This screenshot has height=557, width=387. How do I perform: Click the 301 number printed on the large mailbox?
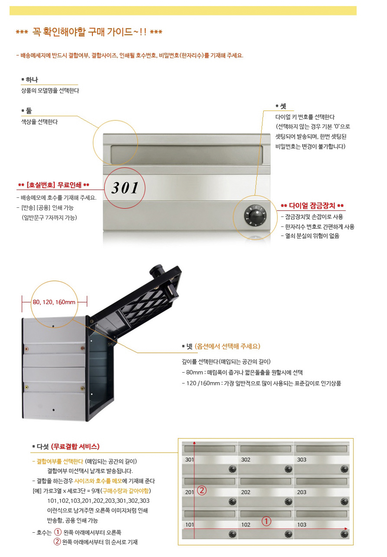coord(125,188)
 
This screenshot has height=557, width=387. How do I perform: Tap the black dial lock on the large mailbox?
coord(255,216)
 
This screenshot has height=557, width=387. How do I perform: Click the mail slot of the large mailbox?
coord(187,155)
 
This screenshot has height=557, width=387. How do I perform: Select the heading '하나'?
coord(32,80)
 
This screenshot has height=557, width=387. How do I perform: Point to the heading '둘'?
coord(29,111)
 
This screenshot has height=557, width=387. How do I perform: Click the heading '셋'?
coord(283,106)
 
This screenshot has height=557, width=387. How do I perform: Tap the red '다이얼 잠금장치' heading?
coord(312,206)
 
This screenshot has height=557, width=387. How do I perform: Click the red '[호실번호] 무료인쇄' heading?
coord(54,185)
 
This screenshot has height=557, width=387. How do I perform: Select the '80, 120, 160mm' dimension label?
coord(54,302)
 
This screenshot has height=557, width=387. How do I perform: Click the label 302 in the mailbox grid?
coord(246,459)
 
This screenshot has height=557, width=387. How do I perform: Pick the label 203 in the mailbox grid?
coord(302,492)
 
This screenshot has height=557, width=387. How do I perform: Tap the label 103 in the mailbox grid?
coord(302,524)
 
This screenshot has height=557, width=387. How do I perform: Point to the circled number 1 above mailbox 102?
coord(266,521)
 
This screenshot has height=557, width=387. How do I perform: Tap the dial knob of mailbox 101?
coord(232,534)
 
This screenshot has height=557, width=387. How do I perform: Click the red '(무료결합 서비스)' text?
coord(75,446)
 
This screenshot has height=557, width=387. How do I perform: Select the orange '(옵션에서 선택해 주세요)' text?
coord(227,346)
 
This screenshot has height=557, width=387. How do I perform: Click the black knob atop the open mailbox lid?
coord(156,270)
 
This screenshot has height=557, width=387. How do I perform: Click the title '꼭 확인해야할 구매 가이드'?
coord(89,32)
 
